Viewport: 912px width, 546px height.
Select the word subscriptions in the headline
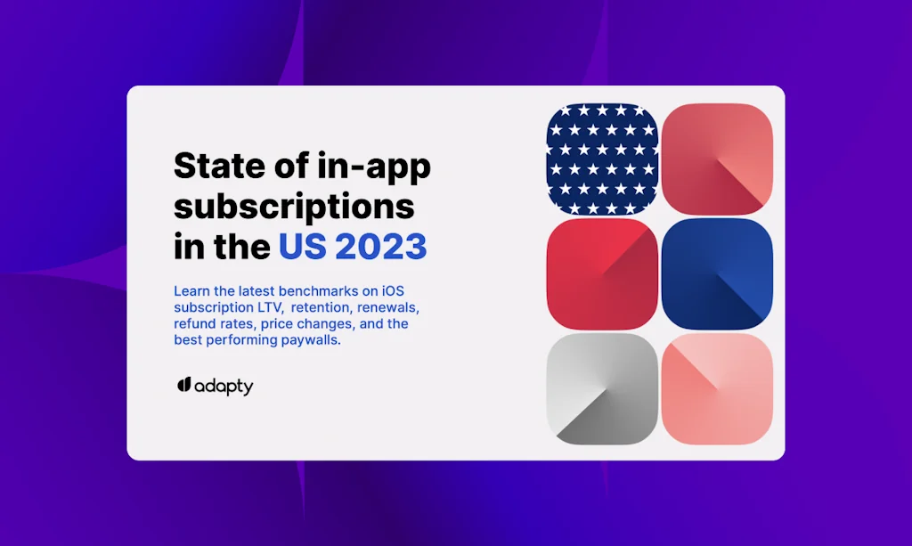point(294,208)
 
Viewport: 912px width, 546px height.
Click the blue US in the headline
point(303,246)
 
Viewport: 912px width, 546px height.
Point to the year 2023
point(381,246)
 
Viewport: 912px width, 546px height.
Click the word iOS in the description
point(393,290)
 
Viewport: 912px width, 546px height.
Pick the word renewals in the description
point(388,307)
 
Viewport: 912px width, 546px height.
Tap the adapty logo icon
point(184,385)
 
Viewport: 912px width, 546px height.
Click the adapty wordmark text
point(224,387)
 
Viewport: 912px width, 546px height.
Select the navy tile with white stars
point(603,159)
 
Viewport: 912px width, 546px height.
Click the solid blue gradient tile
point(717,273)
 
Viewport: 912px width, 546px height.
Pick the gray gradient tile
point(603,389)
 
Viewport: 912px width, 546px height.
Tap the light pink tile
point(717,389)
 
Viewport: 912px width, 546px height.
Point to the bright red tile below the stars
point(603,273)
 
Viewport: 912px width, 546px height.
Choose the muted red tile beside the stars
point(717,159)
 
